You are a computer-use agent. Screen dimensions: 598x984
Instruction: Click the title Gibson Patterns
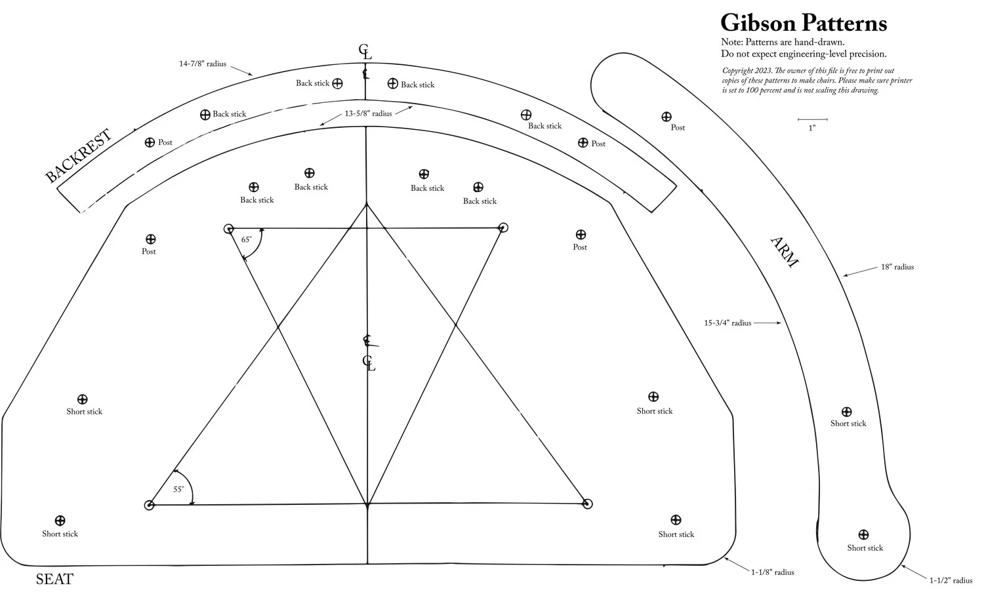pyautogui.click(x=803, y=24)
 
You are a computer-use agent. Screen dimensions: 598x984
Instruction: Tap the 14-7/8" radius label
pyautogui.click(x=203, y=64)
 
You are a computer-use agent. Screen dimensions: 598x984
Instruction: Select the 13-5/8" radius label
pyautogui.click(x=368, y=114)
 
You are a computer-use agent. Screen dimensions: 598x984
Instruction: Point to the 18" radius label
pyautogui.click(x=897, y=268)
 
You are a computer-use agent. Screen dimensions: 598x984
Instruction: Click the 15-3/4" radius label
pyautogui.click(x=728, y=323)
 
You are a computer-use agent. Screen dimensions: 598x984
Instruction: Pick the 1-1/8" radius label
pyautogui.click(x=772, y=572)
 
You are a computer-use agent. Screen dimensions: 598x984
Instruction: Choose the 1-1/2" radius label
pyautogui.click(x=951, y=581)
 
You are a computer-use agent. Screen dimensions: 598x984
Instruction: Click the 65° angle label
pyautogui.click(x=246, y=240)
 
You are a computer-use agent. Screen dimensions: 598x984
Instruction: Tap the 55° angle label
pyautogui.click(x=178, y=490)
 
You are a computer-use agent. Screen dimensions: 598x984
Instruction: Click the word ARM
pyautogui.click(x=784, y=252)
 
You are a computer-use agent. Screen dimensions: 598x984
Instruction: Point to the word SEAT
pyautogui.click(x=54, y=580)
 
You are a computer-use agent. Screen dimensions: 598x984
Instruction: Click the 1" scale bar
pyautogui.click(x=812, y=120)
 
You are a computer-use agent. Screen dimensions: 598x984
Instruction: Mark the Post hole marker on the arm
pyautogui.click(x=666, y=117)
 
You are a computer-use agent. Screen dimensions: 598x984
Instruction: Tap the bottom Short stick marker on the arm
pyautogui.click(x=863, y=535)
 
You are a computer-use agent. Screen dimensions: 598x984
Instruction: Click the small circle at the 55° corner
pyautogui.click(x=149, y=505)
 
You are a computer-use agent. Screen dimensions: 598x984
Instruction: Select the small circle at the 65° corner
pyautogui.click(x=229, y=229)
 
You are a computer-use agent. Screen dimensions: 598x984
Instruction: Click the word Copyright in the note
pyautogui.click(x=738, y=71)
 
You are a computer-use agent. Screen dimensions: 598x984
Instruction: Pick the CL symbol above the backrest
pyautogui.click(x=365, y=52)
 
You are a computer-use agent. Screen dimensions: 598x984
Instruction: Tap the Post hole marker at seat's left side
pyautogui.click(x=150, y=239)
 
